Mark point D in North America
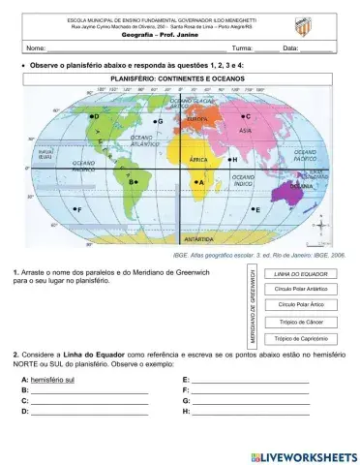click(88, 117)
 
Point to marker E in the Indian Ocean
click(251, 208)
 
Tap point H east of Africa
click(226, 158)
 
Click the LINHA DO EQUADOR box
click(299, 274)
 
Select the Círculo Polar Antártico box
click(299, 289)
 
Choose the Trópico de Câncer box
click(299, 322)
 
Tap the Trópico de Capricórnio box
click(299, 338)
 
